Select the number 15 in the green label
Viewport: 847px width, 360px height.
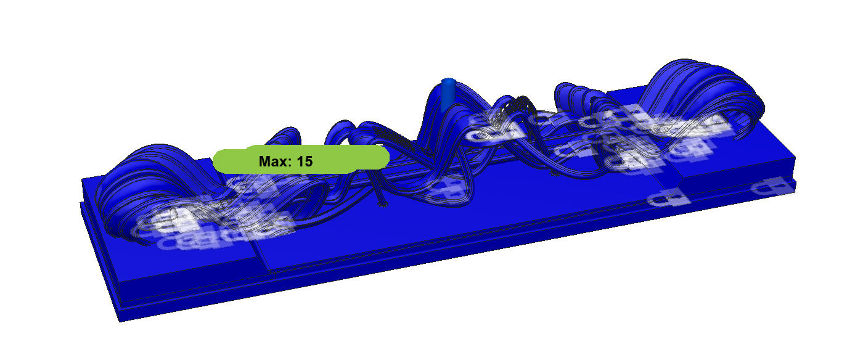tap(305, 162)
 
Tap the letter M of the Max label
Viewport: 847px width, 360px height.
tap(264, 162)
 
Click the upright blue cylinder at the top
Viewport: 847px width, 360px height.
tap(448, 94)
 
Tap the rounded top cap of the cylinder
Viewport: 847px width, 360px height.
tap(448, 81)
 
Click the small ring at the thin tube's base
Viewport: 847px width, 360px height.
tap(383, 205)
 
